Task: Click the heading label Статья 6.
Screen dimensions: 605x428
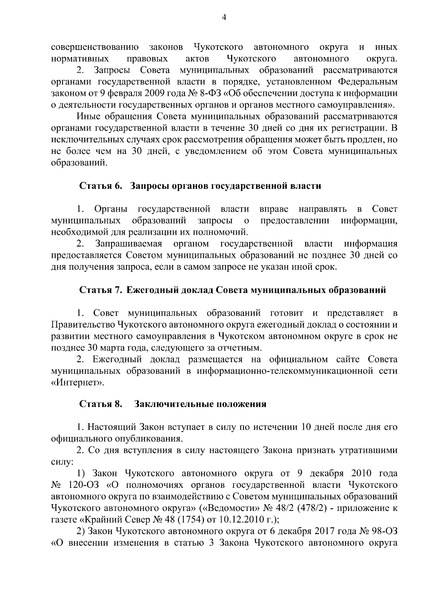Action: pyautogui.click(x=101, y=186)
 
